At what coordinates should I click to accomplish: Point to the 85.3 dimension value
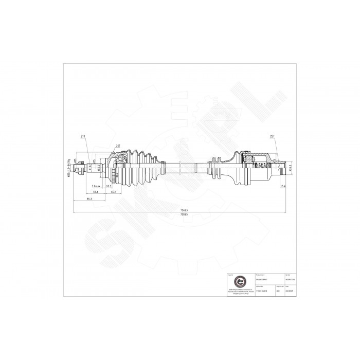tap(89, 199)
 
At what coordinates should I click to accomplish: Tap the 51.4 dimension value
tap(95, 192)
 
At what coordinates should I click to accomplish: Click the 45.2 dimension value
tap(114, 192)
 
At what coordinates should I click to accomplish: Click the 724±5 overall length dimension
tap(184, 210)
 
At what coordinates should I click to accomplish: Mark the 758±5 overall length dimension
tap(184, 214)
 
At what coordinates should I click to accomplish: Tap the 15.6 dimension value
tap(282, 186)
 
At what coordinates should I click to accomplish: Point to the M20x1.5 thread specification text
tap(69, 167)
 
